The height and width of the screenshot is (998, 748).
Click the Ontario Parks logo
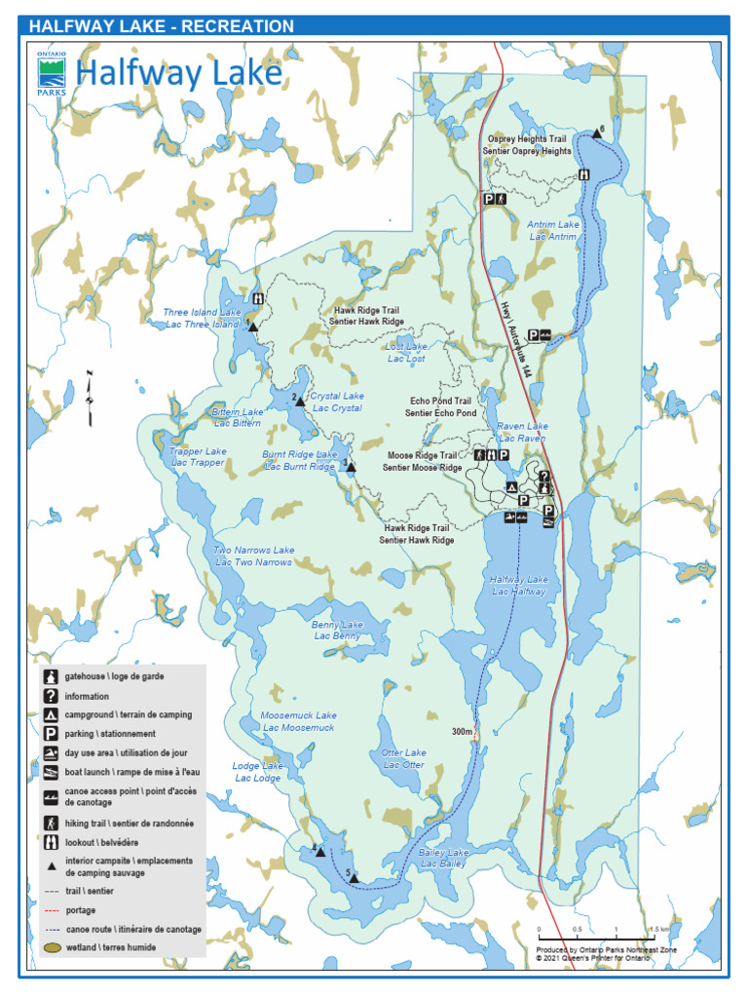(x=51, y=73)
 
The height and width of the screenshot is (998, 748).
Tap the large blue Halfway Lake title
(x=178, y=74)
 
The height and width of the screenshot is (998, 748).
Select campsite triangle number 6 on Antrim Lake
(x=596, y=134)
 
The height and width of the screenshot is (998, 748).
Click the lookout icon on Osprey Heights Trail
(x=582, y=175)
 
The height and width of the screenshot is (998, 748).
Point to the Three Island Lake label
(x=202, y=319)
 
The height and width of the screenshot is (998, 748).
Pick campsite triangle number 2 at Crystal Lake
(x=300, y=401)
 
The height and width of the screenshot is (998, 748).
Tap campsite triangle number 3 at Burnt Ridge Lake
(x=352, y=467)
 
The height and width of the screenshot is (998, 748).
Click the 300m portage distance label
(x=463, y=731)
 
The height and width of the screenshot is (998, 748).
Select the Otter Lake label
(x=403, y=758)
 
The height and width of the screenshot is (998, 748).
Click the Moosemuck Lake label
(x=298, y=721)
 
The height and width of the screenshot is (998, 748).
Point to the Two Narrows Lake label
(x=253, y=557)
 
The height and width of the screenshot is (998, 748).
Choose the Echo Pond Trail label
(x=440, y=406)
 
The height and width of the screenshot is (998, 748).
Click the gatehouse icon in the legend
(x=50, y=676)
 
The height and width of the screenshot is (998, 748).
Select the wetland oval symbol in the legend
(x=50, y=947)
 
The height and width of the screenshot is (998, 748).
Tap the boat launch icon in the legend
(x=50, y=772)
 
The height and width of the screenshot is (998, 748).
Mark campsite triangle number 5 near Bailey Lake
(x=355, y=879)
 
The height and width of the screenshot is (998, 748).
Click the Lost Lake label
(x=406, y=353)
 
